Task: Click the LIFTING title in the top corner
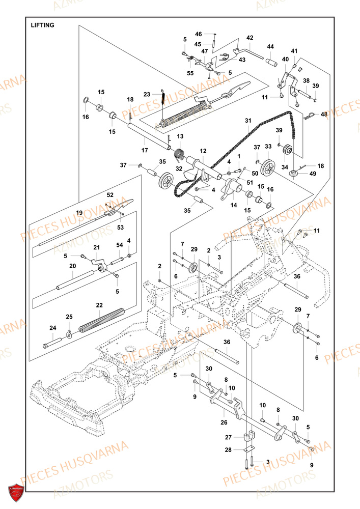(x=42, y=24)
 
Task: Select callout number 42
(x=250, y=38)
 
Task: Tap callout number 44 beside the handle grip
(x=270, y=46)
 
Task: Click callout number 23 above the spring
(x=147, y=94)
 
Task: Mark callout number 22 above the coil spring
(x=100, y=305)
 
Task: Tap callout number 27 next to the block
(x=229, y=437)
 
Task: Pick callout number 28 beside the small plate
(x=229, y=450)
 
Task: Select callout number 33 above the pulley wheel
(x=268, y=147)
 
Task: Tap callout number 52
(x=110, y=195)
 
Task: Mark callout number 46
(x=199, y=34)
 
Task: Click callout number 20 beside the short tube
(x=73, y=266)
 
